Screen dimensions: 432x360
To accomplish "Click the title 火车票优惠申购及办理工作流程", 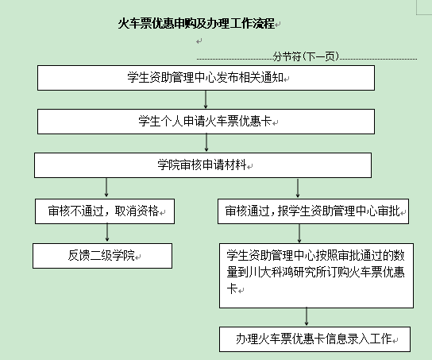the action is pyautogui.click(x=196, y=23).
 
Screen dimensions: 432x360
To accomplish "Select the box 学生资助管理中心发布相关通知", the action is pyautogui.click(x=206, y=78).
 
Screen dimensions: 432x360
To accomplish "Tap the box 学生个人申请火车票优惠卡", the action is pyautogui.click(x=206, y=122).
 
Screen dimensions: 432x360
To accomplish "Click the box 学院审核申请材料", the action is pyautogui.click(x=202, y=165).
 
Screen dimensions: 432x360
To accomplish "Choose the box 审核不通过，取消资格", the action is pyautogui.click(x=105, y=211).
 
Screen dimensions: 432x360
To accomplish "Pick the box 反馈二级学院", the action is pyautogui.click(x=102, y=256).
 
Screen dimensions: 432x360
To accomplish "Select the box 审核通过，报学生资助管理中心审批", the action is pyautogui.click(x=313, y=211).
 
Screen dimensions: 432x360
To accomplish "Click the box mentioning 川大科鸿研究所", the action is pyautogui.click(x=316, y=276).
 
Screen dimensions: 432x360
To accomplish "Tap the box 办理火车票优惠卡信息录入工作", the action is pyautogui.click(x=315, y=339).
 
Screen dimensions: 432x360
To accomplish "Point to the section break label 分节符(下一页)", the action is pyautogui.click(x=306, y=56).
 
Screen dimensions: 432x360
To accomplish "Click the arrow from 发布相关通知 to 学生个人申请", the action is pyautogui.click(x=206, y=99).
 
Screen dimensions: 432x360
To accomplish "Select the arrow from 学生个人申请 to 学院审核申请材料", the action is pyautogui.click(x=206, y=143).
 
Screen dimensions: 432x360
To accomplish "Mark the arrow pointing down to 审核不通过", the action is pyautogui.click(x=106, y=188).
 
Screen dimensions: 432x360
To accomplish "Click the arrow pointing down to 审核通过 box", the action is pyautogui.click(x=298, y=188).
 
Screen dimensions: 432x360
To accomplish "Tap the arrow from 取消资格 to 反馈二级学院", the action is pyautogui.click(x=107, y=233).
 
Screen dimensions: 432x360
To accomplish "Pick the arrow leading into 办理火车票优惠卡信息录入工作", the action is pyautogui.click(x=307, y=317).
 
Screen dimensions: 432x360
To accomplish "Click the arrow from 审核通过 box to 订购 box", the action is pyautogui.click(x=299, y=233).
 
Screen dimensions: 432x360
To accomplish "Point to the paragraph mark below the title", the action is pyautogui.click(x=199, y=41).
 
